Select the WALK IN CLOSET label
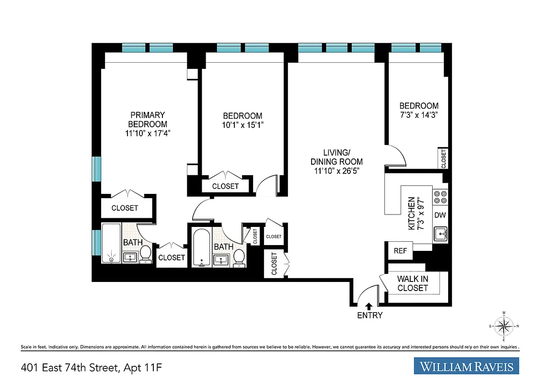tap(412, 283)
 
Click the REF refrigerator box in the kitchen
tap(400, 251)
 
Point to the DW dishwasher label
tap(439, 215)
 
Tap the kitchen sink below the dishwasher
tap(440, 234)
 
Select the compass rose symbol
tap(503, 327)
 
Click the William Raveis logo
tap(467, 367)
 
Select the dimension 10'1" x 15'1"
tap(243, 124)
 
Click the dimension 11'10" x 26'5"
tap(336, 170)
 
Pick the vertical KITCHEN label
tap(411, 214)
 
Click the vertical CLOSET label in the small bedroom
tap(443, 158)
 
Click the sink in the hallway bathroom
tap(221, 259)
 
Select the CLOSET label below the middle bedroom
tap(225, 186)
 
